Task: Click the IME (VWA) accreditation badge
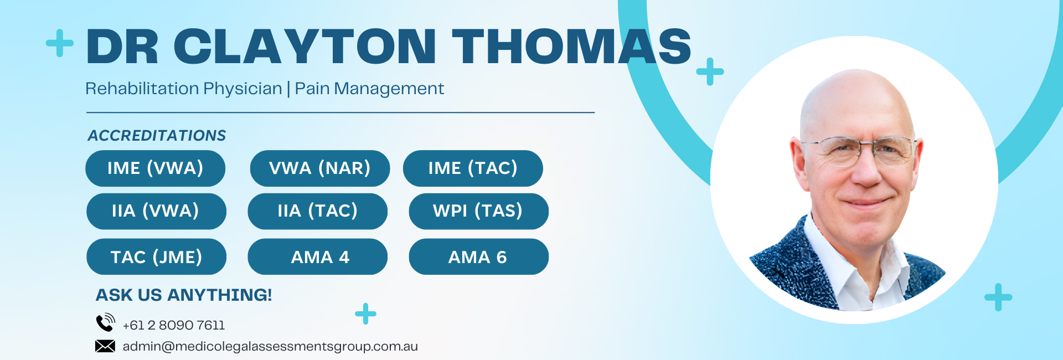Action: click(x=155, y=168)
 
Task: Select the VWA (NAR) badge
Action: click(x=320, y=168)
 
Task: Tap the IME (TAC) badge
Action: click(x=473, y=168)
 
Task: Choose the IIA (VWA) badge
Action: click(x=156, y=211)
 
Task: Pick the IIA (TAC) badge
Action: click(x=317, y=211)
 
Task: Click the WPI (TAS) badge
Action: click(x=479, y=211)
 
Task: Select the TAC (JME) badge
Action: click(x=156, y=256)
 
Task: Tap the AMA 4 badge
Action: click(x=317, y=256)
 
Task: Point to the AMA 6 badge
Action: click(x=479, y=256)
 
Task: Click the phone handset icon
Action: click(x=105, y=322)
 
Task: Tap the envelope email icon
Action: click(x=105, y=346)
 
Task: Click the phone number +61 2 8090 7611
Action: click(x=174, y=325)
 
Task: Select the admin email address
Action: click(x=270, y=347)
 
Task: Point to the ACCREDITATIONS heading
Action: click(x=157, y=136)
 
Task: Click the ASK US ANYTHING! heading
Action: click(x=184, y=295)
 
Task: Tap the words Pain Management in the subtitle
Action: click(x=369, y=89)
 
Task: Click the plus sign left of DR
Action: click(x=60, y=43)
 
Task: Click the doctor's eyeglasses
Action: click(x=859, y=151)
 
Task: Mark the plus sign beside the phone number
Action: click(x=365, y=313)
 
